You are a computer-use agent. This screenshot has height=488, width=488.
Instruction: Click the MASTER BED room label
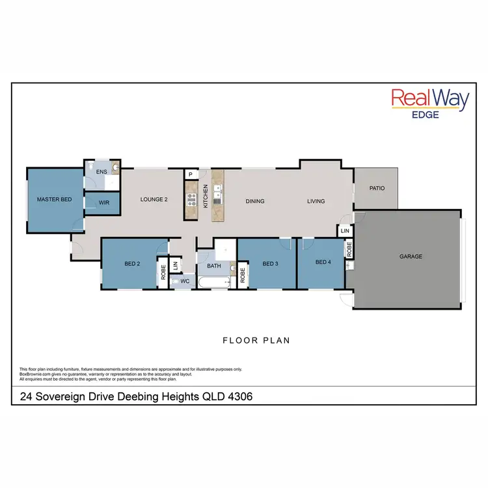(x=54, y=199)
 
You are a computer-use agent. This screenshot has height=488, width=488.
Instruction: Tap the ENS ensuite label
(x=102, y=172)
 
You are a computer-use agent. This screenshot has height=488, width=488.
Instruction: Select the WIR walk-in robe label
(x=104, y=203)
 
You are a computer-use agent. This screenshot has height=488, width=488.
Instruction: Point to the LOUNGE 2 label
(x=154, y=200)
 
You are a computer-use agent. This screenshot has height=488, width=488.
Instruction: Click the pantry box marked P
(x=191, y=174)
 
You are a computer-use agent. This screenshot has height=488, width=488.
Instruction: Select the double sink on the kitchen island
(x=218, y=192)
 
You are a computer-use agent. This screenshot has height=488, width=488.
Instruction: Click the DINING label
(x=255, y=201)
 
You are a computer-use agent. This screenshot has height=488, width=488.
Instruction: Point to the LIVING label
(x=316, y=201)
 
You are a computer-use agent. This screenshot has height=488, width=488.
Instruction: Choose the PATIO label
(x=377, y=189)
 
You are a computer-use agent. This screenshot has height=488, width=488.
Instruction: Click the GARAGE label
(x=411, y=256)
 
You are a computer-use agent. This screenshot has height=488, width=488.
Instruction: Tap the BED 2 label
(x=132, y=264)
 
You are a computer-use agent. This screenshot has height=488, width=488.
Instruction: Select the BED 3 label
(x=270, y=264)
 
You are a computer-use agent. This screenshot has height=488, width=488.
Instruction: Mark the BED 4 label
(x=323, y=262)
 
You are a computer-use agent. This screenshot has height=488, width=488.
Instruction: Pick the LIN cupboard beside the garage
(x=345, y=231)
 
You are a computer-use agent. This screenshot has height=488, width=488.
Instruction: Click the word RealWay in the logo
(x=429, y=100)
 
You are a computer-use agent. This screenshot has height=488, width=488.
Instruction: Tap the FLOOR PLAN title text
(x=256, y=340)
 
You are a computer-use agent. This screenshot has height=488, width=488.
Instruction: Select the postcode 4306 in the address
(x=238, y=396)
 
